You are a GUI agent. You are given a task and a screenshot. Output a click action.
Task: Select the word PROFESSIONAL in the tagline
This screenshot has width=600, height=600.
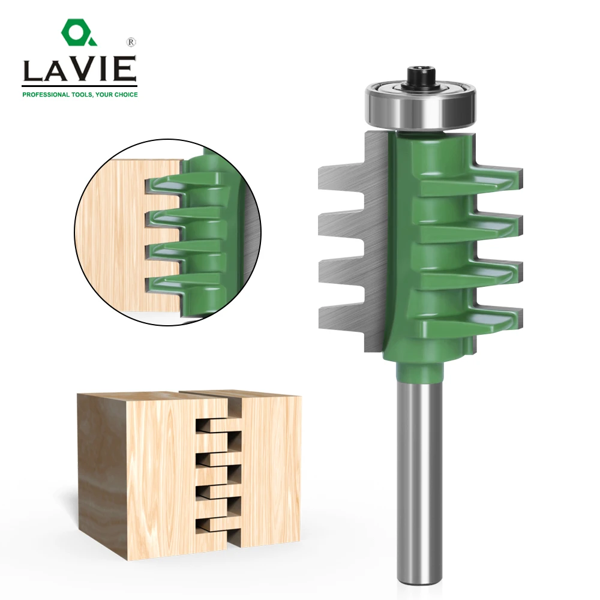pos(46,94)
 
